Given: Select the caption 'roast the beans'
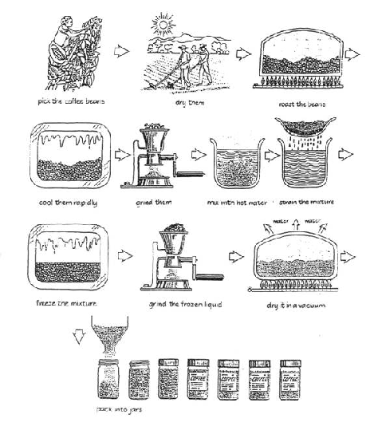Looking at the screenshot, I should click(x=300, y=103).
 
